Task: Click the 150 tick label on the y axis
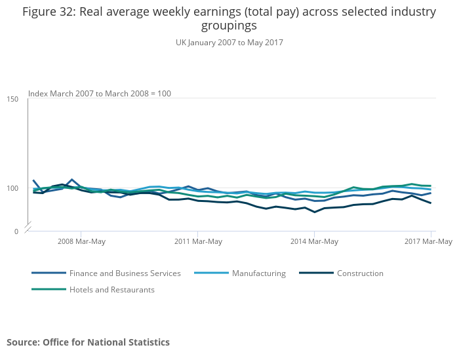coord(13,99)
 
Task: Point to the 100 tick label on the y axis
coord(13,189)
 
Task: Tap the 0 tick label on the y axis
coord(16,231)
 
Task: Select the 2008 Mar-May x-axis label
coord(81,241)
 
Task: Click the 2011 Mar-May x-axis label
coord(198,241)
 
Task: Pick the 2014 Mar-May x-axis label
coord(315,241)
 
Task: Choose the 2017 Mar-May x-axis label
coord(428,241)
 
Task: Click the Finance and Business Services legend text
coord(125,273)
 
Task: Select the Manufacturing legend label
coord(258,273)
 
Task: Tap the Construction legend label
coord(360,273)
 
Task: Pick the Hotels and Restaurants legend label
coord(111,289)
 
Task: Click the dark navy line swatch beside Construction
coord(316,273)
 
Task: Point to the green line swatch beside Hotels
coord(49,289)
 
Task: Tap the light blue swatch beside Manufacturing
coord(211,273)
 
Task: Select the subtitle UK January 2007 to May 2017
coord(229,43)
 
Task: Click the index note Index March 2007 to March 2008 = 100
coord(100,94)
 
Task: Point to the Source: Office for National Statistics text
coord(88,342)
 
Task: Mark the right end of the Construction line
coord(431,203)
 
